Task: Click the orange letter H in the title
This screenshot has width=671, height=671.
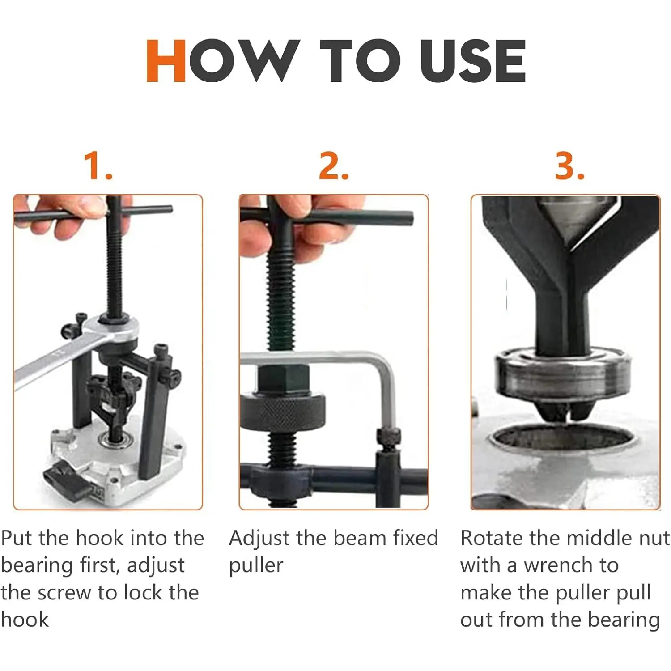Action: (166, 61)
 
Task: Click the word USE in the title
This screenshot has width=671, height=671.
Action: (473, 61)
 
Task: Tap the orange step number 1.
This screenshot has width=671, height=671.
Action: (98, 166)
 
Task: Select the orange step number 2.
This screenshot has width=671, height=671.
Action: (334, 166)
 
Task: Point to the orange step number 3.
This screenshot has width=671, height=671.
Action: (569, 166)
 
